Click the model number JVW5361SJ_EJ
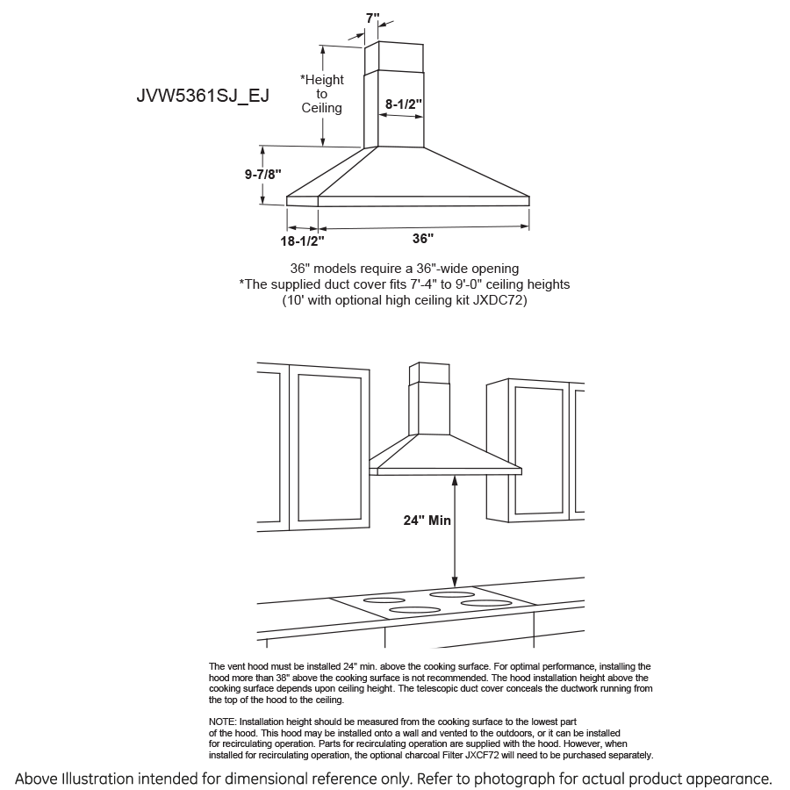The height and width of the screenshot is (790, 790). coord(203,96)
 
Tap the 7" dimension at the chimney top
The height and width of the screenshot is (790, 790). coord(373,18)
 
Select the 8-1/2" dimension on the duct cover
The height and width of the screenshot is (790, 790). coord(404,104)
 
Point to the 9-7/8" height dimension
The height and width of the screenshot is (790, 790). coord(262,174)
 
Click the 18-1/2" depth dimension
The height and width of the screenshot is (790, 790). coord(302,239)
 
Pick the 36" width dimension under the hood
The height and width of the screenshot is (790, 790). coord(423,238)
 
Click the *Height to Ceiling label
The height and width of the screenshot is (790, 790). coord(322,94)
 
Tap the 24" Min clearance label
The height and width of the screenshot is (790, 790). coord(427,521)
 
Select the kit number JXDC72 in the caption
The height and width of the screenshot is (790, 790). coord(497,300)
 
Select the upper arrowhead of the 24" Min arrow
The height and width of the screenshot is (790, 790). coord(455,480)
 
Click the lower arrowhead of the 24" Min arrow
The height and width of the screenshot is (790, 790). coord(455,582)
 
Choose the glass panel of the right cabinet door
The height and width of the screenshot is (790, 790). coord(538,449)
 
